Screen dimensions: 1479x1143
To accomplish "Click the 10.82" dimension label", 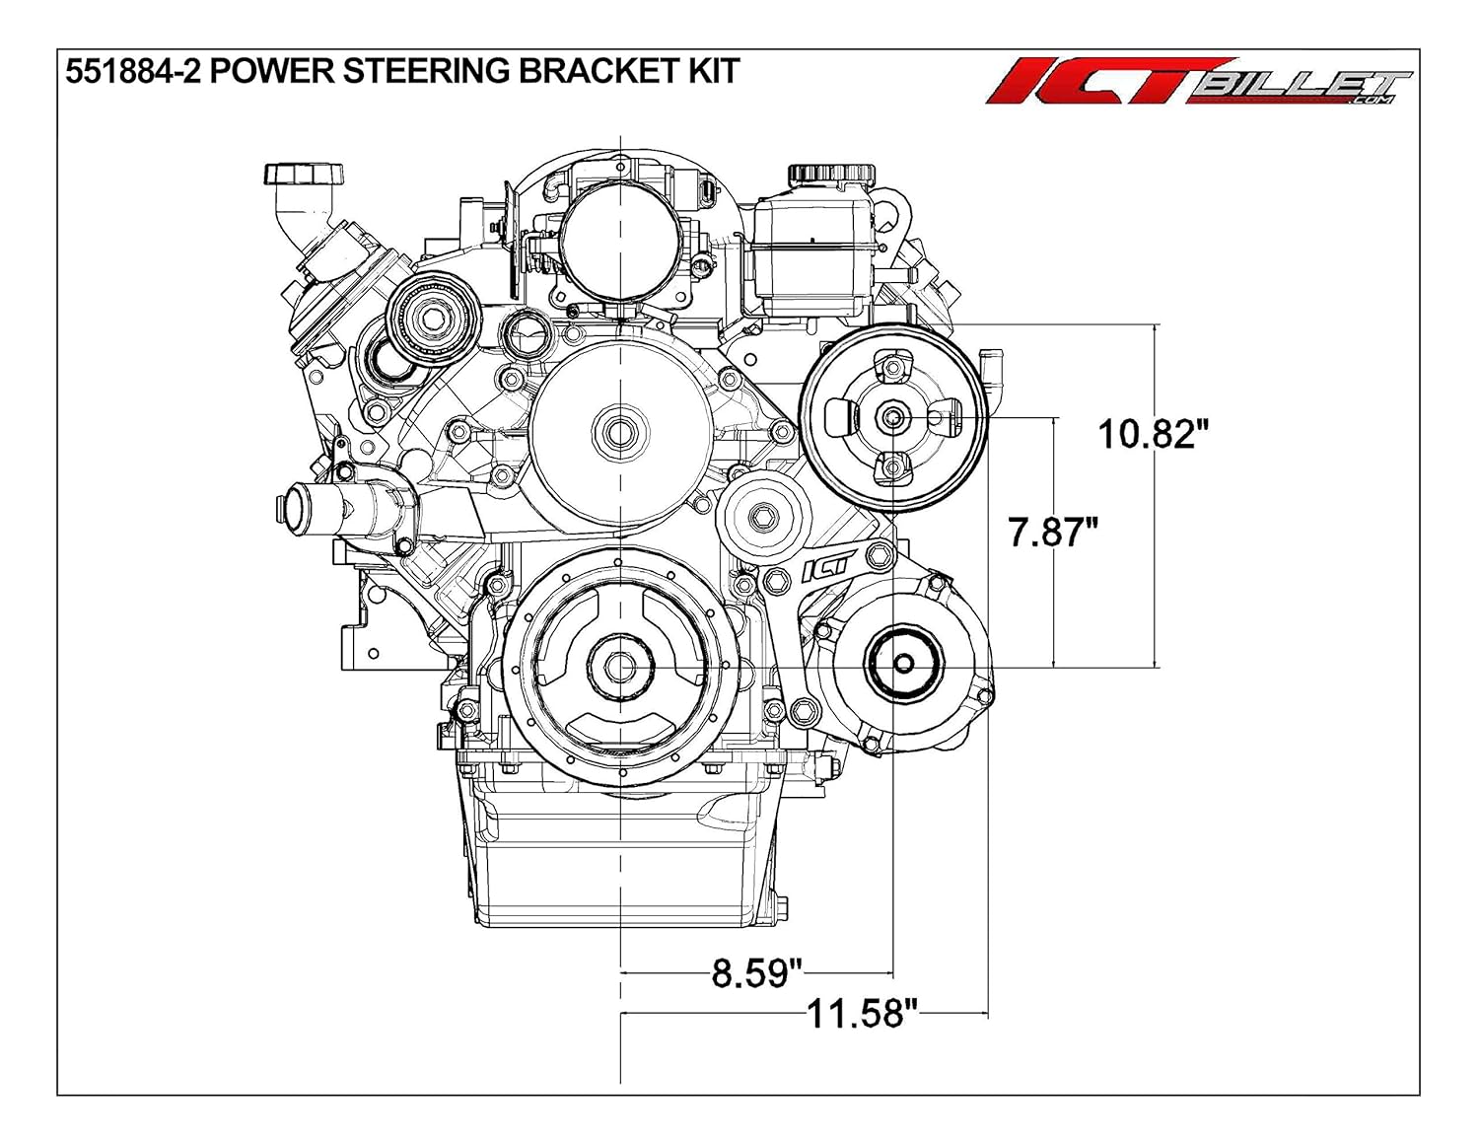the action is coord(1153,433).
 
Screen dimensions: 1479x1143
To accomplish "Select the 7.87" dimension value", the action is coord(1052,533).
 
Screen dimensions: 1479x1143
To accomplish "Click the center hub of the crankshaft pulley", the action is coord(620,667).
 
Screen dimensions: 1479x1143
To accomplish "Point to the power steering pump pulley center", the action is coord(892,418).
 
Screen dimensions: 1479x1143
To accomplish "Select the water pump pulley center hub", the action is coord(620,432).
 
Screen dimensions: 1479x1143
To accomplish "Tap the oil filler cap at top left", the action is coord(304,177).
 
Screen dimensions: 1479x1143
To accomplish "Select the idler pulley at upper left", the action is coord(431,318).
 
